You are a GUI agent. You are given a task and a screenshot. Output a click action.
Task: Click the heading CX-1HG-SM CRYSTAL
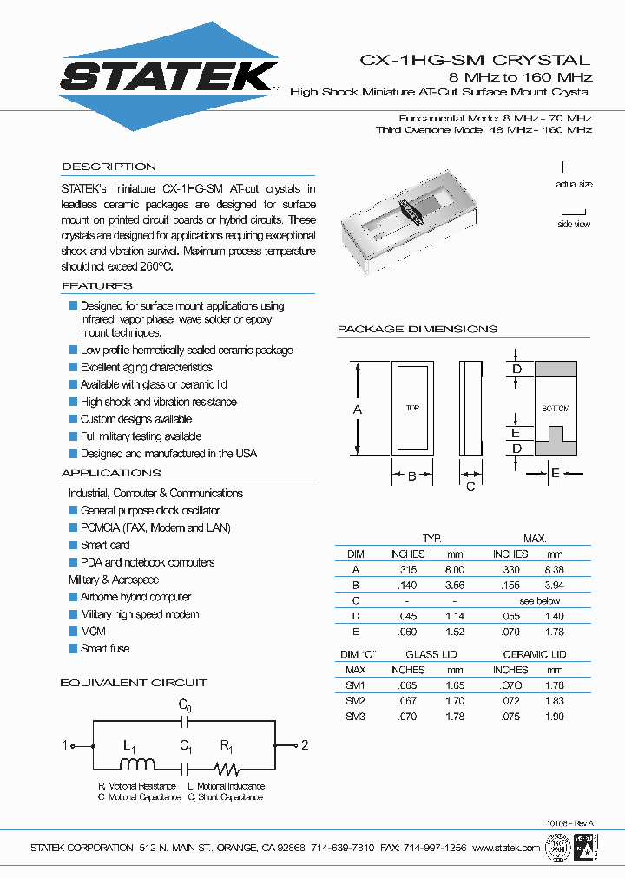click(475, 61)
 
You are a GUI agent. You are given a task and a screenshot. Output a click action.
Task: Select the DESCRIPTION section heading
click(109, 167)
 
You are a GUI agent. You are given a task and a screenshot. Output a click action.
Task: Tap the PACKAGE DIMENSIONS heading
click(417, 330)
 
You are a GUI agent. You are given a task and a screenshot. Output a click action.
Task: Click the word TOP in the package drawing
click(412, 408)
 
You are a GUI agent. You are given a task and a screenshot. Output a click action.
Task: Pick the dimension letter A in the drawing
click(358, 409)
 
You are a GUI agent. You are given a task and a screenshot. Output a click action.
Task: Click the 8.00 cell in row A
click(454, 570)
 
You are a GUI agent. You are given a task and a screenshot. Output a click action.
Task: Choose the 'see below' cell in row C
click(540, 600)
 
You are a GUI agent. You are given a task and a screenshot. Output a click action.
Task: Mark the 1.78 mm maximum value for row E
click(554, 632)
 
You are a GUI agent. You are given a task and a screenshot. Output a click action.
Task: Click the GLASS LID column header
click(431, 654)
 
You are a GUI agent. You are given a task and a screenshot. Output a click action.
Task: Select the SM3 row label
click(356, 717)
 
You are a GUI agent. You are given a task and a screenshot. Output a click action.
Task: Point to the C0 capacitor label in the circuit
click(184, 706)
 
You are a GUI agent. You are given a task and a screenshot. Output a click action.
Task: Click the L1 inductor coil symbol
click(136, 764)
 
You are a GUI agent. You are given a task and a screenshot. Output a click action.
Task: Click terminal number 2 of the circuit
click(305, 745)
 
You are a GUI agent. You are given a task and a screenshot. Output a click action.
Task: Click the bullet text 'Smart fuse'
click(105, 649)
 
